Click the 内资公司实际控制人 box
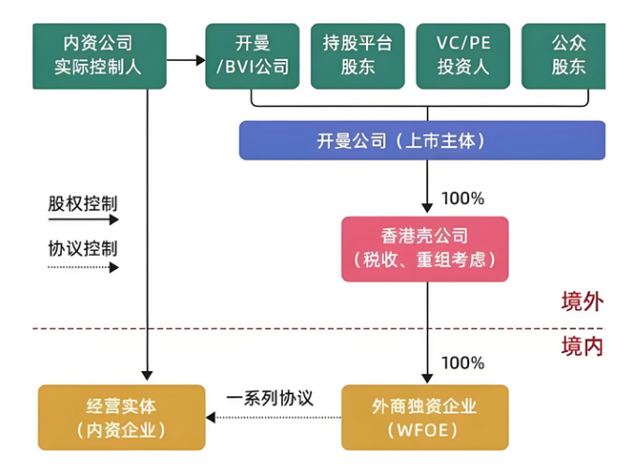[x=98, y=55]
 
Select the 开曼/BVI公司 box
[x=252, y=55]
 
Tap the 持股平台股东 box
[x=357, y=55]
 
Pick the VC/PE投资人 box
[x=462, y=55]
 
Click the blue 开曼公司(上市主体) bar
[x=421, y=141]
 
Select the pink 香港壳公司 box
[x=425, y=248]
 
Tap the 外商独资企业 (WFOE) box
[x=425, y=417]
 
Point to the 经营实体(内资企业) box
[x=121, y=417]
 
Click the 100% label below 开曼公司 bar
[x=463, y=199]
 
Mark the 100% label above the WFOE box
[x=463, y=363]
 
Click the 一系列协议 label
[x=271, y=398]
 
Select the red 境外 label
[x=582, y=302]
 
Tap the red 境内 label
[x=582, y=347]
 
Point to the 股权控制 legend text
[x=82, y=202]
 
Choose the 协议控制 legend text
[x=82, y=249]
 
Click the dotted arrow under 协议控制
[x=83, y=268]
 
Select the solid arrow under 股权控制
[x=83, y=220]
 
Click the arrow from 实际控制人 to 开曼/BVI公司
[x=186, y=61]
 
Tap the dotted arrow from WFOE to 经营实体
[x=273, y=418]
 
